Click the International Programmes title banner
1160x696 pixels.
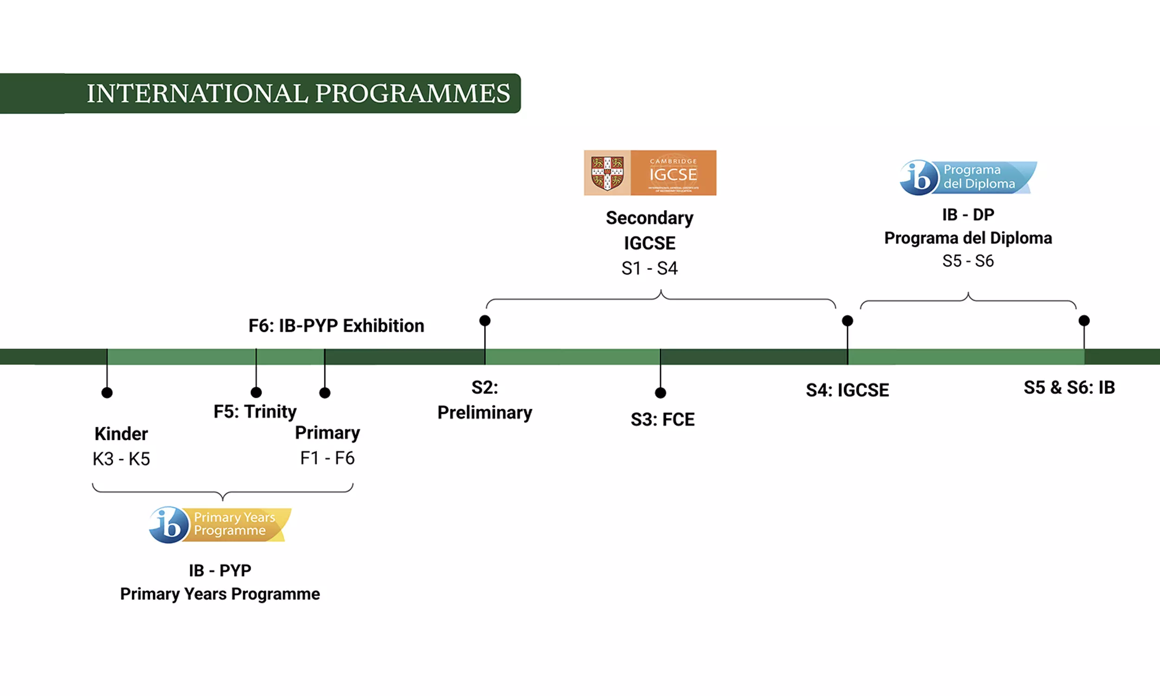click(298, 93)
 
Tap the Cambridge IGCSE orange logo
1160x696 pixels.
click(673, 173)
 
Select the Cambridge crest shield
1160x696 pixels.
click(607, 173)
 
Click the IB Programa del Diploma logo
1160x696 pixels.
click(968, 177)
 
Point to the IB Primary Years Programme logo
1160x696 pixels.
click(220, 524)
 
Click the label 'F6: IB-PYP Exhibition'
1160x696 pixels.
click(336, 325)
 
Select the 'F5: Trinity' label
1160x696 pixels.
click(255, 411)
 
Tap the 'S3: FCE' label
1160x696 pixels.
click(662, 419)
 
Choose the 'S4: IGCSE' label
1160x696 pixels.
click(847, 390)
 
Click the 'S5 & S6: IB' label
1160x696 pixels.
click(1069, 387)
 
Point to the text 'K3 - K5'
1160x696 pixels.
click(122, 459)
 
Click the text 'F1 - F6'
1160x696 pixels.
click(327, 458)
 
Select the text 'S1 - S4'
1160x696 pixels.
click(650, 268)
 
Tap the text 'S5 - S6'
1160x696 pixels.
click(968, 261)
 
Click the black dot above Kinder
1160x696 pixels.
click(107, 393)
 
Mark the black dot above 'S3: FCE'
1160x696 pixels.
click(660, 393)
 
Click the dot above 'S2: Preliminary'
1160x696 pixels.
click(485, 321)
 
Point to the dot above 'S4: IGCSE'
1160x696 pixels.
click(847, 321)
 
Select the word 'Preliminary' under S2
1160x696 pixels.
click(485, 412)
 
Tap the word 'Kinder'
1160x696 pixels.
click(122, 434)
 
